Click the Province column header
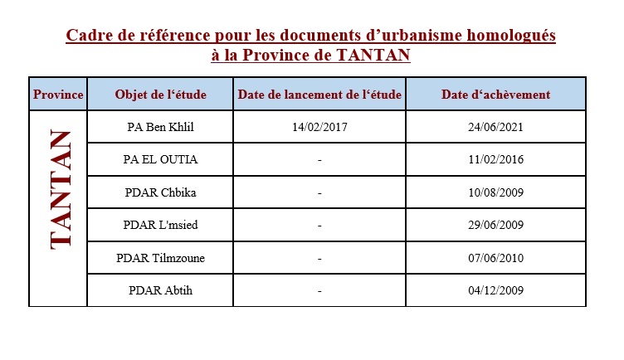[58, 95]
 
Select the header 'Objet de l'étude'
[161, 95]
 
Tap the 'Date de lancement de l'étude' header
[319, 95]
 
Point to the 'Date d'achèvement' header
[495, 95]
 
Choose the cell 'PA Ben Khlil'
[161, 128]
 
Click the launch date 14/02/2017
[319, 128]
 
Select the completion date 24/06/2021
[495, 128]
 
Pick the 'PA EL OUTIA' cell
[161, 160]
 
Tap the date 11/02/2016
[495, 160]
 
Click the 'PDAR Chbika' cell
[161, 192]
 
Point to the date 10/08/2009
[495, 192]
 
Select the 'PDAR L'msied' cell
[161, 225]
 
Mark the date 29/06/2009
[495, 225]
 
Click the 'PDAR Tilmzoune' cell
[161, 258]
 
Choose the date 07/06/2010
[495, 258]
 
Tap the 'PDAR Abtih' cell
[161, 290]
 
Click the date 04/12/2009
[495, 290]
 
